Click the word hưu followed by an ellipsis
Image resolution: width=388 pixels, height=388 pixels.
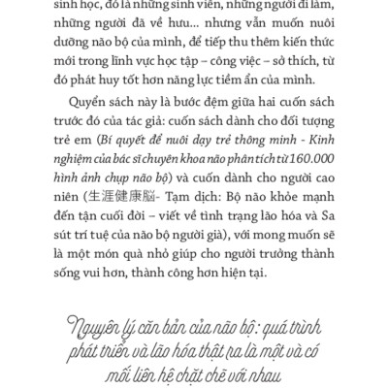(197, 31)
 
